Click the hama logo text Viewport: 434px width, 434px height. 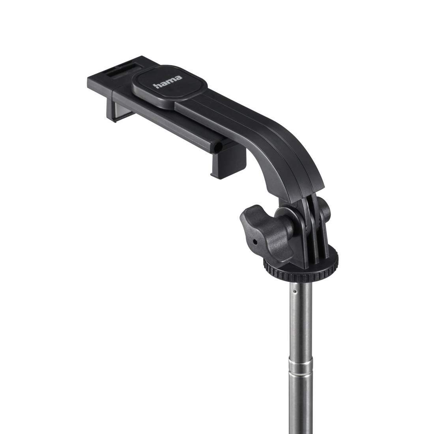click(168, 82)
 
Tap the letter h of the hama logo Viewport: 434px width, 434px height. click(157, 85)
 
